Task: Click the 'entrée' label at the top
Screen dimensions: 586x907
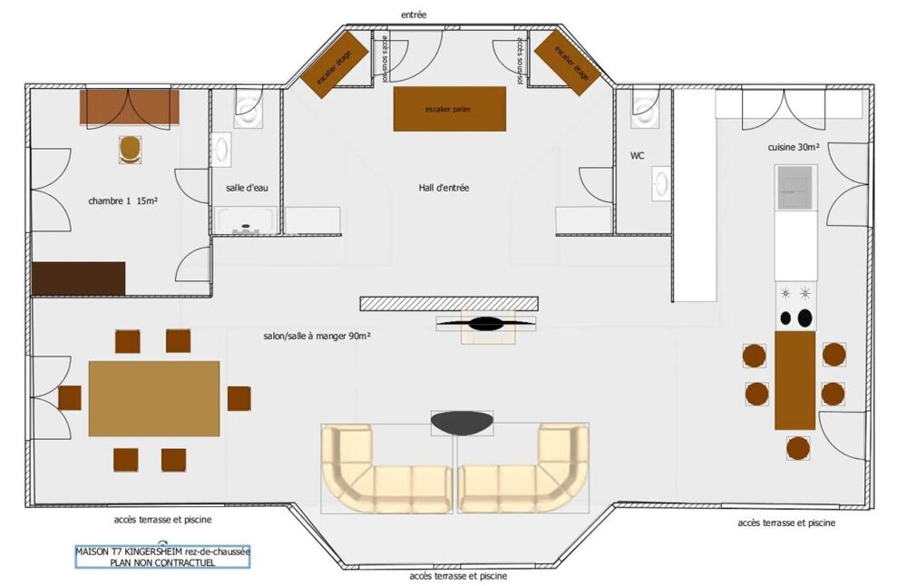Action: point(413,15)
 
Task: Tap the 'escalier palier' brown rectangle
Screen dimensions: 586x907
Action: point(449,109)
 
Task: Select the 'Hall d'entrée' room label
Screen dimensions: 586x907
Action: point(444,188)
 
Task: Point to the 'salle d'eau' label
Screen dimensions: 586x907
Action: point(247,188)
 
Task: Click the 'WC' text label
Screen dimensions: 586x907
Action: point(638,156)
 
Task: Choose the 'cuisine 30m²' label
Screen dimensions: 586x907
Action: point(794,147)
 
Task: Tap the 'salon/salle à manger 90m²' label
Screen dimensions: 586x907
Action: point(315,336)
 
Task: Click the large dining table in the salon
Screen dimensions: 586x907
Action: point(154,398)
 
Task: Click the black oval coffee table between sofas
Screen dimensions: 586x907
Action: point(463,422)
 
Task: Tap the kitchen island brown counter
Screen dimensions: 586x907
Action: point(795,380)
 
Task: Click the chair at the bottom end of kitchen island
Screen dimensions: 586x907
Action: point(797,447)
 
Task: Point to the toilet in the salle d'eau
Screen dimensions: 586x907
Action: point(248,109)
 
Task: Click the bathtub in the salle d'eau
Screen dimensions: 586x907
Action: point(246,220)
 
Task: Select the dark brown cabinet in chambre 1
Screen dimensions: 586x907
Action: point(78,278)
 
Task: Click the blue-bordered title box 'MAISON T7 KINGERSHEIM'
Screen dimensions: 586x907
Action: point(162,556)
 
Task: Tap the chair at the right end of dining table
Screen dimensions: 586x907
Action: point(239,398)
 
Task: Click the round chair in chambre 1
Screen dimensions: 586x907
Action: point(131,148)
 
